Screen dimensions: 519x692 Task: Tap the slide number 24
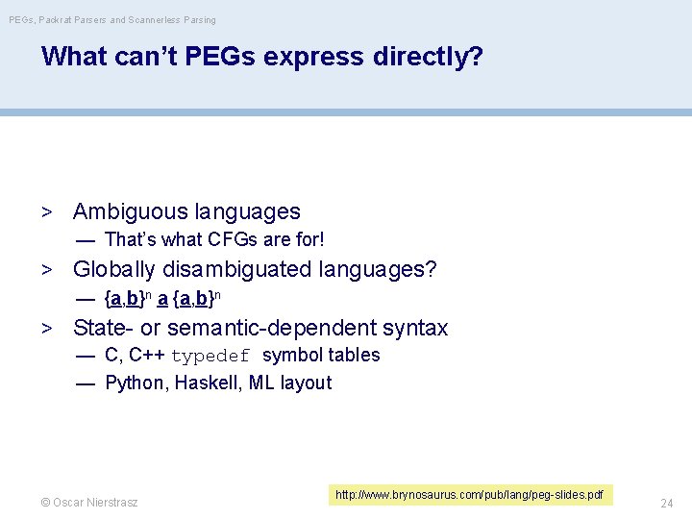[x=667, y=503]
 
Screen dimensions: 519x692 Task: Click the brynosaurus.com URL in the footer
[x=469, y=495]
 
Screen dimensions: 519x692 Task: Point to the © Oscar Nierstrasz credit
[x=88, y=503]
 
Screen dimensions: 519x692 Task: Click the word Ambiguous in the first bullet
[x=130, y=211]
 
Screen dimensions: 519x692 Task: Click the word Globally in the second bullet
[x=113, y=269]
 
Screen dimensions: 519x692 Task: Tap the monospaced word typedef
[x=210, y=357]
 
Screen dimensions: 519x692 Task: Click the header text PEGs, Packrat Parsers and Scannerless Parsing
[x=111, y=19]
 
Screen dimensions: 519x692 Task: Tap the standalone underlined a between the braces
[x=162, y=298]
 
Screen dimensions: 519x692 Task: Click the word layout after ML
[x=306, y=383]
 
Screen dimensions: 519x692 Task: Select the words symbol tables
[x=321, y=355]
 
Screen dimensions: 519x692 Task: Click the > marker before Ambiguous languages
[x=45, y=212]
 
